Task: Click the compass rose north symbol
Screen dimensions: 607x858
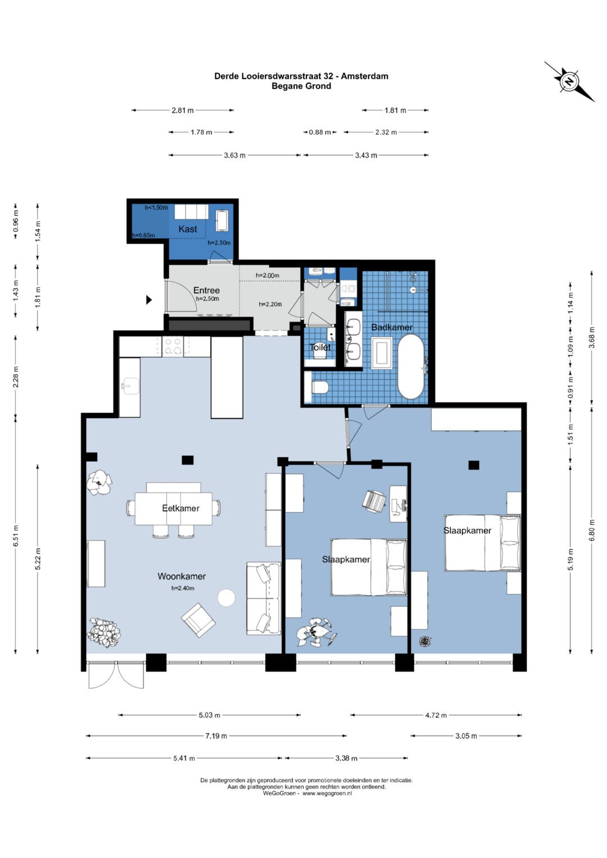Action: pos(569,82)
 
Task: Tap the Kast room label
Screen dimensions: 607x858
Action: pos(188,229)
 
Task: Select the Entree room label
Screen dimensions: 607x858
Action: pos(206,290)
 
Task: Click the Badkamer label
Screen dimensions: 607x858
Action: pos(392,327)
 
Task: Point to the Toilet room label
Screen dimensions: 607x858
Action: pos(320,347)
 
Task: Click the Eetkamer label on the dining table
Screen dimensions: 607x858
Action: pos(180,509)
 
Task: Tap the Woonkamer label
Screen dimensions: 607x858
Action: pos(182,576)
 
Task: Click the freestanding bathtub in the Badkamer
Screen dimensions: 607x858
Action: pos(411,367)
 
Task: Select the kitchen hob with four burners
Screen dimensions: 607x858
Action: pos(173,346)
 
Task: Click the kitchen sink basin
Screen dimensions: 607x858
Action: pos(130,385)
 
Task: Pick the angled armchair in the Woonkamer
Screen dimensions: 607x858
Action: pos(198,620)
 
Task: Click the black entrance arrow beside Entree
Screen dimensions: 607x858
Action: pos(149,300)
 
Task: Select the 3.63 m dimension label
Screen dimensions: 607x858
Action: pos(234,155)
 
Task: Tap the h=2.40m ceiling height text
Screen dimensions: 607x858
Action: pos(183,588)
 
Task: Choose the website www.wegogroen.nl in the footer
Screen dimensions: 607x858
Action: pos(327,793)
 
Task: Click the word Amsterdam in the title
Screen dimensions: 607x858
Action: pos(364,76)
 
